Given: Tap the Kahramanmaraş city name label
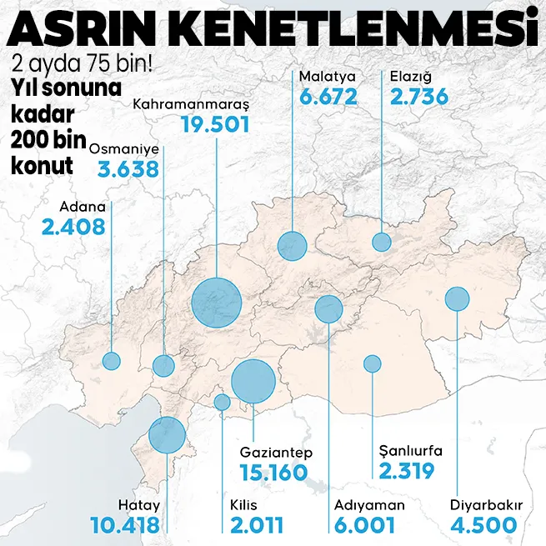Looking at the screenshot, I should point(192,104).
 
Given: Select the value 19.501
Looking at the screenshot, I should point(215,125).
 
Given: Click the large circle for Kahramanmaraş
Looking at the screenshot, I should point(216,303).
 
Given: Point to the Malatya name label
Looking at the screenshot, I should point(327,77).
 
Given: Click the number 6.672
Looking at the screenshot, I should point(328,97).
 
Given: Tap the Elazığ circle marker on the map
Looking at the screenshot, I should point(382,243).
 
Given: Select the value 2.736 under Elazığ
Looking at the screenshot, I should point(419,97).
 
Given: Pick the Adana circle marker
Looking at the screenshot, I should point(111,361).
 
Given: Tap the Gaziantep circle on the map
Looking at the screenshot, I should point(253,381).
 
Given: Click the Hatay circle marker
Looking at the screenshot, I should point(167,435).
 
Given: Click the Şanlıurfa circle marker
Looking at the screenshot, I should point(373,363).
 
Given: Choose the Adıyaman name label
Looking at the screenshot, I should point(368,505).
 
